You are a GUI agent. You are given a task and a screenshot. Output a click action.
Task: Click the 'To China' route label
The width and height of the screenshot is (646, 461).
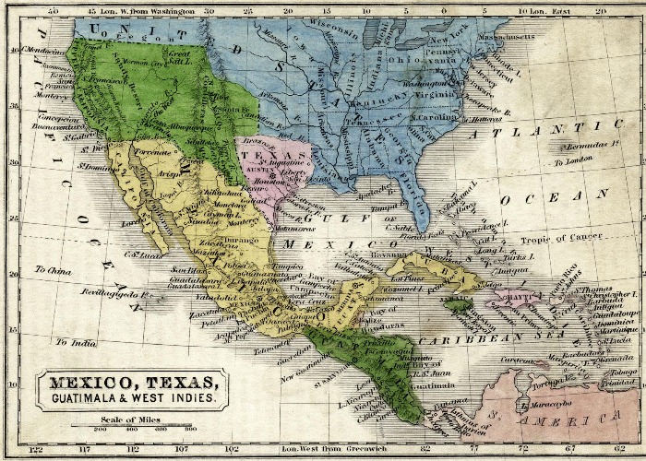[x=53, y=270]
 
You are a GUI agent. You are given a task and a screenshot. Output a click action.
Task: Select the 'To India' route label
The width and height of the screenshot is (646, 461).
[x=74, y=342]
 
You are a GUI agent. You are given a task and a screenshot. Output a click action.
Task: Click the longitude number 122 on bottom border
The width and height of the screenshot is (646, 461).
[x=36, y=449]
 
